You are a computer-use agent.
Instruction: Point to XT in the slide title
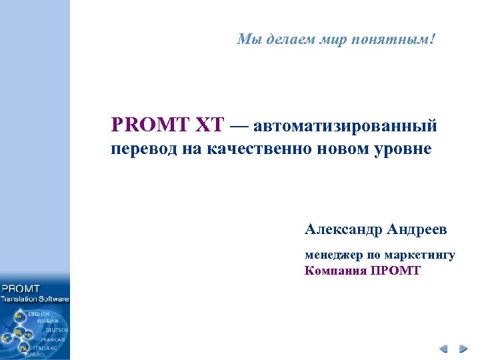click(210, 125)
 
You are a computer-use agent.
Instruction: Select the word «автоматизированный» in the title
click(345, 125)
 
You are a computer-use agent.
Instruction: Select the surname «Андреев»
click(417, 230)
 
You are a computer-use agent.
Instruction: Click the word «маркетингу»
click(421, 255)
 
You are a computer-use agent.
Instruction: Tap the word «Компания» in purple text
click(335, 271)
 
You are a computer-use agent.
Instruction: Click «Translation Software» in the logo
click(35, 299)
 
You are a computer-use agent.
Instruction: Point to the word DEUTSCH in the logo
click(56, 330)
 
